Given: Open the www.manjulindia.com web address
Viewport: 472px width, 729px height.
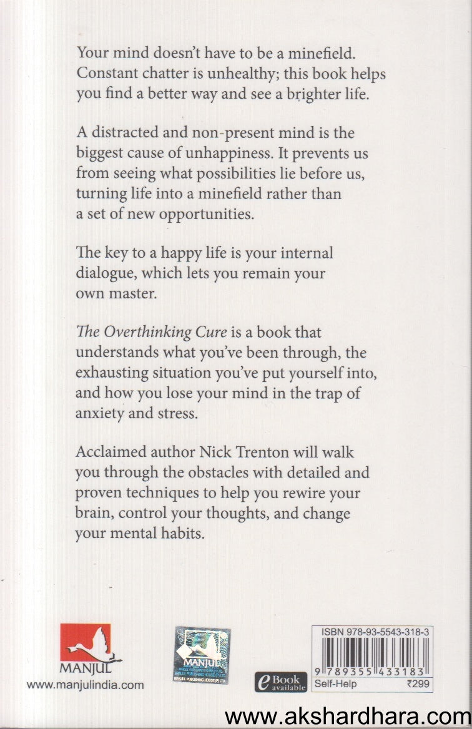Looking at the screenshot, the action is (x=86, y=685).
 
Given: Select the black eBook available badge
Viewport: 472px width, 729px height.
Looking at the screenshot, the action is (x=280, y=681).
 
